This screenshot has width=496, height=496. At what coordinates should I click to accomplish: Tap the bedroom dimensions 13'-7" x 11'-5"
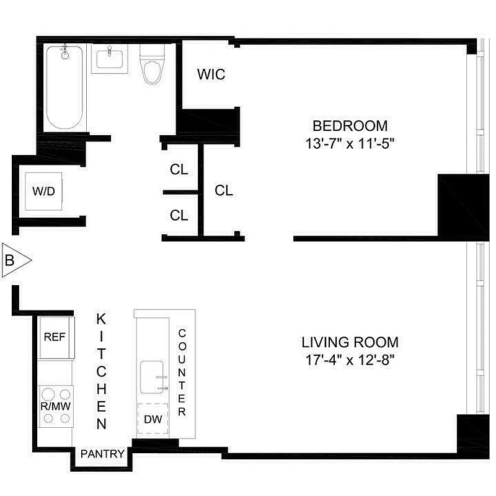[350, 143]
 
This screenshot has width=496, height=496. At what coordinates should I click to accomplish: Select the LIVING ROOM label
[350, 342]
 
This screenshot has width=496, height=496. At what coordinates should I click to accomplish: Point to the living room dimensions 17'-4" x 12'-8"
[350, 358]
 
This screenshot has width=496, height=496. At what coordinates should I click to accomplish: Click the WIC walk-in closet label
[211, 75]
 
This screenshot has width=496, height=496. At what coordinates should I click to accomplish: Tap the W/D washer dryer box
[43, 190]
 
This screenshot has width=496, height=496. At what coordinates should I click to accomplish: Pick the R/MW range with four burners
[55, 406]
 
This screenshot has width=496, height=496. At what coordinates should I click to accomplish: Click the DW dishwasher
[153, 420]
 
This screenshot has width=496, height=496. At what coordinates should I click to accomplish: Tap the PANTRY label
[102, 454]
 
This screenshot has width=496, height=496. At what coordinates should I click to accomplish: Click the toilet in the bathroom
[150, 64]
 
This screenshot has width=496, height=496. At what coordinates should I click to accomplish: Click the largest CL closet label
[224, 191]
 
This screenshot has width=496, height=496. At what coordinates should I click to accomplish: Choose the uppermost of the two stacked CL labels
[179, 169]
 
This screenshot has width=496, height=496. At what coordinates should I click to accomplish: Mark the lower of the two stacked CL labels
[179, 215]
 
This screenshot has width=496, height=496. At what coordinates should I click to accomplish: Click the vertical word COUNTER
[182, 372]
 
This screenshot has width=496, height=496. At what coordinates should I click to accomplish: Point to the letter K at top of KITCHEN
[102, 319]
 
